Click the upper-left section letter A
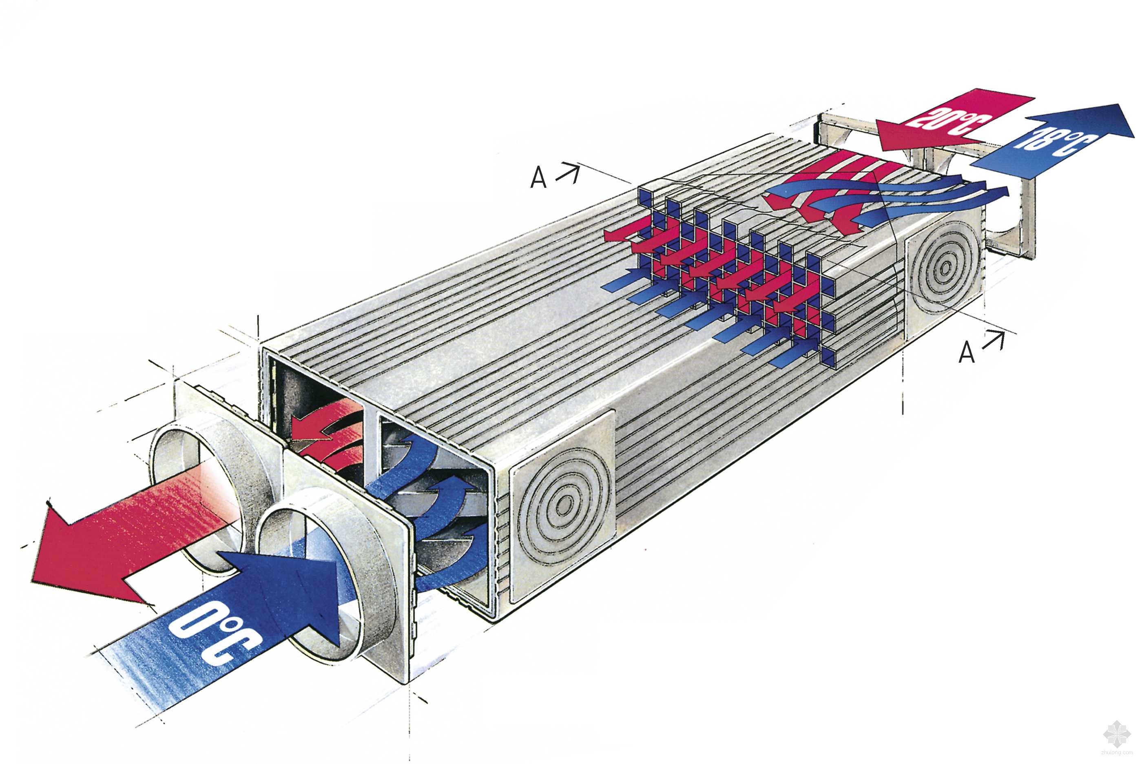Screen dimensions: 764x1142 point(538,178)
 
